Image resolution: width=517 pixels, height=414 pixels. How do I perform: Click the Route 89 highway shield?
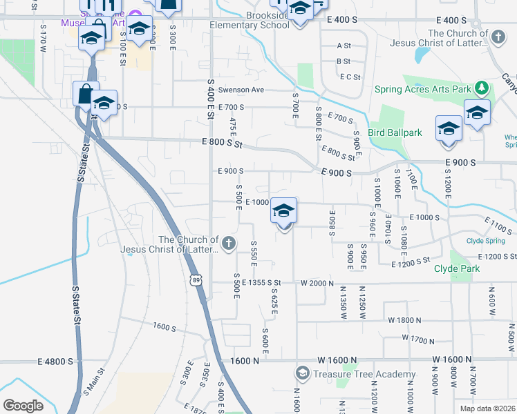196,280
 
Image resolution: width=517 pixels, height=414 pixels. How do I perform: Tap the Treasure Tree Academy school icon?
302,374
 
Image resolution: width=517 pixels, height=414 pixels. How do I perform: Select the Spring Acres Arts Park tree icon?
481,88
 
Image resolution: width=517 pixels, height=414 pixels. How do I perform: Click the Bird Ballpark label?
395,132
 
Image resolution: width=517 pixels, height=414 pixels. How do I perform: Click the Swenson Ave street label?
241,90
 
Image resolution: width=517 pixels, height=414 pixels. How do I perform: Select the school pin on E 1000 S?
283,211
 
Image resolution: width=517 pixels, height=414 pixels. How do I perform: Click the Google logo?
23,405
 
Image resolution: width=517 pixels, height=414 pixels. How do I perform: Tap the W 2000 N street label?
317,283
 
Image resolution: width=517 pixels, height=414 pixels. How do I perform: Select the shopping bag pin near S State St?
84,94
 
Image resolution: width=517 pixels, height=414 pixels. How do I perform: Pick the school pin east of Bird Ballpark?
449,129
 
